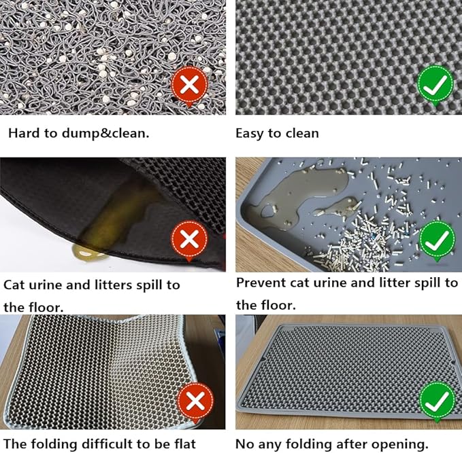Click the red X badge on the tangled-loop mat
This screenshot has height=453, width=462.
coord(189,86)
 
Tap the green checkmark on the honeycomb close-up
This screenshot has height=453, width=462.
coord(435,85)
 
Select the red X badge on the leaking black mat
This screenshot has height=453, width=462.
coord(189,239)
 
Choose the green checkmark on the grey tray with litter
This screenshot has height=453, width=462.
coord(437,240)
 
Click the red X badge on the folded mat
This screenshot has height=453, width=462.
coord(195,401)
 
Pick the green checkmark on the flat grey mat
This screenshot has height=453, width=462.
coord(438,401)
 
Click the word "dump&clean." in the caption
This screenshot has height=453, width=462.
coord(105,134)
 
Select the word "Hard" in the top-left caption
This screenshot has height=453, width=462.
coord(24,133)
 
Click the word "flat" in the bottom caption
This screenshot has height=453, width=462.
coord(185,443)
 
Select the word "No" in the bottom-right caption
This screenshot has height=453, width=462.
coord(244,444)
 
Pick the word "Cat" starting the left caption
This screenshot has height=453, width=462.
coord(14,285)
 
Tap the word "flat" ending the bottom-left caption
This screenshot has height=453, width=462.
coord(185,443)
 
